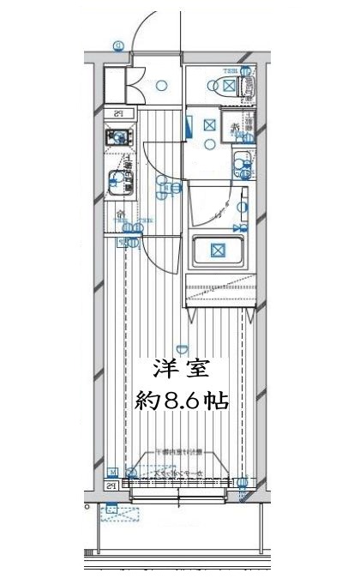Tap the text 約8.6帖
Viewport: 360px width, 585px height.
point(183,401)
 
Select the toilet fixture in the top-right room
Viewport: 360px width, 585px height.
point(247,85)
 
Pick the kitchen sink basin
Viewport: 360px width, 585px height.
point(116,182)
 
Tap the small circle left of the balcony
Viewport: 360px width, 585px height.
point(90,506)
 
